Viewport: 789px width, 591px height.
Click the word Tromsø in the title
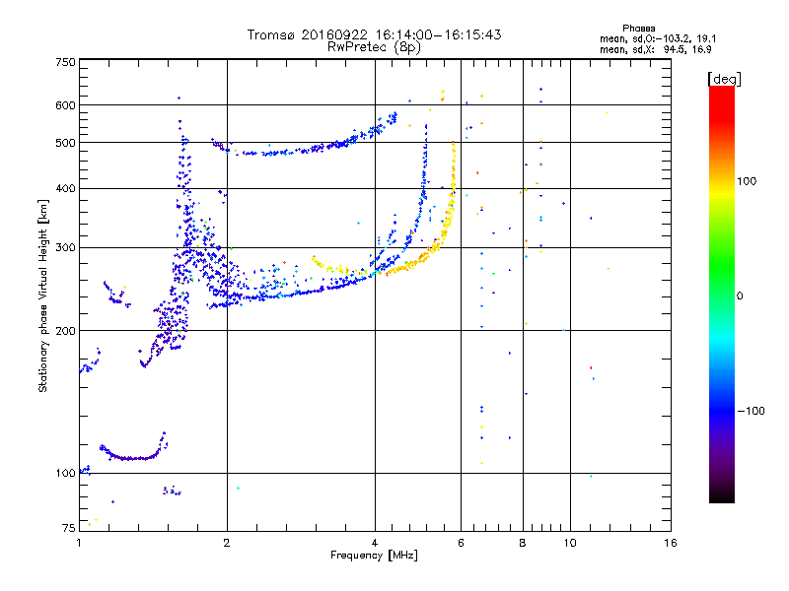(x=272, y=34)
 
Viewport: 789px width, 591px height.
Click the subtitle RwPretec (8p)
(x=374, y=47)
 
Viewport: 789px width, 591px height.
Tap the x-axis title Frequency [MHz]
(x=374, y=556)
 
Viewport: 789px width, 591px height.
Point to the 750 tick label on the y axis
(x=65, y=62)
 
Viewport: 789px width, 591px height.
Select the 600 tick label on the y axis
(x=65, y=105)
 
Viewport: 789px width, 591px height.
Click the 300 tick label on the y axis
(x=65, y=247)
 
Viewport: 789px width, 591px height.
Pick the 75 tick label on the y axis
(x=69, y=528)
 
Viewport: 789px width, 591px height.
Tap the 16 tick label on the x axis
(x=671, y=543)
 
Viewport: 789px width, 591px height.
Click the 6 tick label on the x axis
(x=461, y=543)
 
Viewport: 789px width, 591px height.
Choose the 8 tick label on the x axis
(x=523, y=543)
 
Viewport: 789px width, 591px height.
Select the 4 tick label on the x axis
(x=375, y=543)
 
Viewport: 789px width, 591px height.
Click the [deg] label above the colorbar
(x=724, y=79)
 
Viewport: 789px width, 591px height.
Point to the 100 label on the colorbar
(x=747, y=181)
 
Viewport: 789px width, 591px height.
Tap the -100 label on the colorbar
(x=752, y=411)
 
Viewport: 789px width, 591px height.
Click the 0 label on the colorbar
(x=740, y=295)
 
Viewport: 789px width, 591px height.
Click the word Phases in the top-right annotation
(x=638, y=29)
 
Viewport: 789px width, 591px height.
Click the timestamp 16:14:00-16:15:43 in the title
(x=438, y=34)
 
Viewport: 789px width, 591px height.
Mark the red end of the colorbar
(x=722, y=88)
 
